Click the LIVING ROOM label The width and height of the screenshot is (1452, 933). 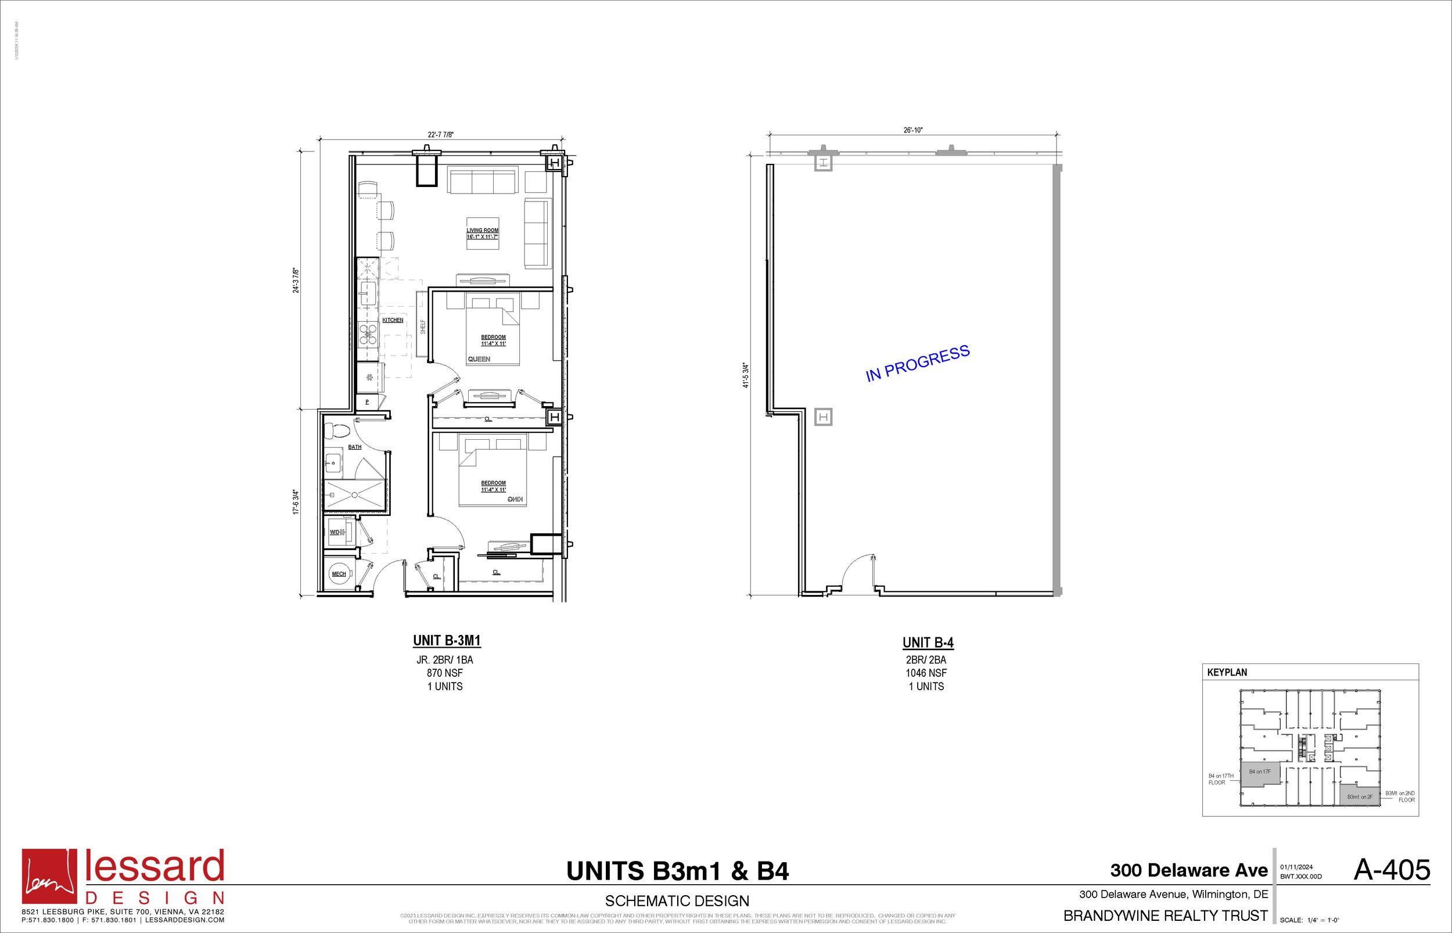[x=482, y=230]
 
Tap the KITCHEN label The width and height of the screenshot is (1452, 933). [x=393, y=320]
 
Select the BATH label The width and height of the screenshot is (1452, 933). [x=355, y=447]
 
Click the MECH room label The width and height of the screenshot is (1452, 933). [x=339, y=574]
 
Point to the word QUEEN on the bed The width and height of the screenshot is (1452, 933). [x=479, y=359]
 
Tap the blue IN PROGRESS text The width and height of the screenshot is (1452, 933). [x=917, y=364]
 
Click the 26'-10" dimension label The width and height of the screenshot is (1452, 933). [x=913, y=130]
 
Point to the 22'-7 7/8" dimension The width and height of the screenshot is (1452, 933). [x=441, y=135]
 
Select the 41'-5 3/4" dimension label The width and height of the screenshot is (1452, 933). [x=746, y=376]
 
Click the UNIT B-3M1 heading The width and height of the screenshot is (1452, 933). [x=447, y=641]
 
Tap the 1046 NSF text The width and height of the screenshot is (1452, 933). [x=926, y=673]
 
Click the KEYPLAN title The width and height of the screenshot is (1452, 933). [x=1227, y=673]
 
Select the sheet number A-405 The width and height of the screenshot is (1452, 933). [x=1392, y=870]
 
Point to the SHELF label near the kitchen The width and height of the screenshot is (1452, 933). [x=423, y=327]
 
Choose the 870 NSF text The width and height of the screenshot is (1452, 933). [x=445, y=673]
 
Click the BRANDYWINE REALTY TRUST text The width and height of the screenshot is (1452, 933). [x=1166, y=916]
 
